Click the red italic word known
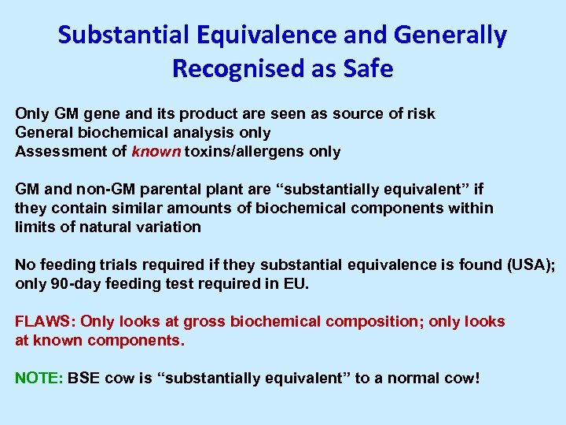pos(157,152)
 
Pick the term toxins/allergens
pos(244,152)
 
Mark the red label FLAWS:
pos(46,322)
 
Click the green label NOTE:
pos(39,379)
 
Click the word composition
pos(373,322)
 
